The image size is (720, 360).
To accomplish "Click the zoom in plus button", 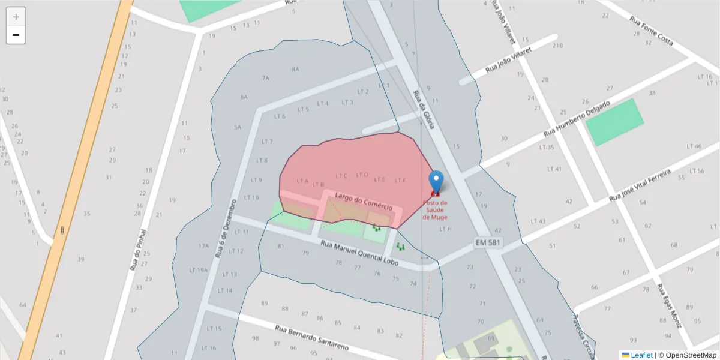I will (x=16, y=17).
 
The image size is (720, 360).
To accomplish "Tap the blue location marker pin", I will (x=436, y=182).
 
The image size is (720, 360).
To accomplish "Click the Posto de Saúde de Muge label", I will (x=434, y=209).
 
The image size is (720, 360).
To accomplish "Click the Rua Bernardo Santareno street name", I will (x=313, y=338).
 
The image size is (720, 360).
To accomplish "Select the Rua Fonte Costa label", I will (x=651, y=31).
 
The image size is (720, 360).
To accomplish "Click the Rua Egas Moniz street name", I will (x=669, y=306).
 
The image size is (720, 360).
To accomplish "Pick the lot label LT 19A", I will (x=199, y=269).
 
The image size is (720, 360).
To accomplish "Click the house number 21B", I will (x=557, y=46).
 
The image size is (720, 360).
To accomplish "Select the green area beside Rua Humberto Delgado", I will (x=613, y=122).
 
